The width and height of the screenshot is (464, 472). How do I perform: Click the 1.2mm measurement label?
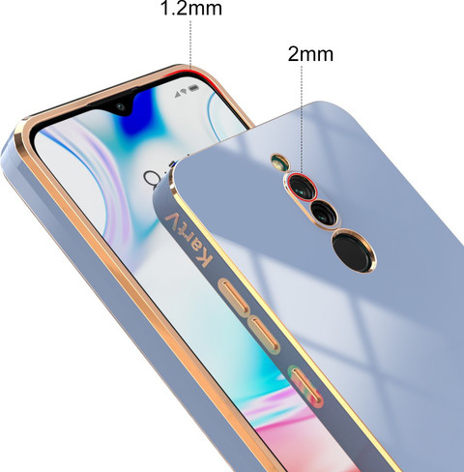pyautogui.click(x=191, y=8)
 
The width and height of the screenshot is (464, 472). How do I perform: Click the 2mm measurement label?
pyautogui.click(x=310, y=54)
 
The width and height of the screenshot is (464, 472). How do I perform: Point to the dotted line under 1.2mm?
pyautogui.click(x=190, y=44)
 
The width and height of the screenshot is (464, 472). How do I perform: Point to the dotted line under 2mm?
pyautogui.click(x=302, y=119)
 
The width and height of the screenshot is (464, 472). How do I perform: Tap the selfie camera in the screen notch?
pyautogui.click(x=121, y=106)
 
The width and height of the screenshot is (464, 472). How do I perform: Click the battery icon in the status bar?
pyautogui.click(x=193, y=87)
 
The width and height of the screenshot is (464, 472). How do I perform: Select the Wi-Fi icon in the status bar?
pyautogui.click(x=184, y=91)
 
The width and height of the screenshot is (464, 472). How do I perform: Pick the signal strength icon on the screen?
pyautogui.click(x=177, y=95)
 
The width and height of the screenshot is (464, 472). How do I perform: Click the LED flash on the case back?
pyautogui.click(x=279, y=162)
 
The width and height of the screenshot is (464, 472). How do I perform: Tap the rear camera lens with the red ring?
pyautogui.click(x=303, y=188)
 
